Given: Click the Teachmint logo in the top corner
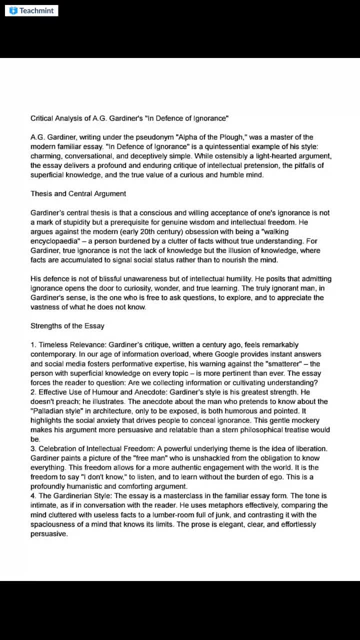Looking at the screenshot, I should coord(31,10).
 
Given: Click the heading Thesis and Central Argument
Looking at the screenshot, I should coord(78,193).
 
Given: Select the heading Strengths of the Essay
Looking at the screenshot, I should coord(67,326).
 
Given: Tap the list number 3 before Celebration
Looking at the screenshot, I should coord(33,448).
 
